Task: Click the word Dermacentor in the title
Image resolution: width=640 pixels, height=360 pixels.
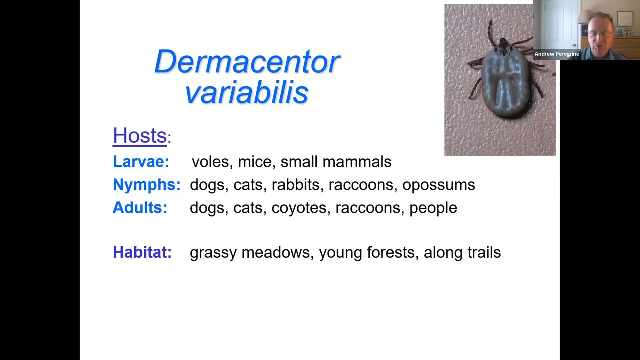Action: coord(247,62)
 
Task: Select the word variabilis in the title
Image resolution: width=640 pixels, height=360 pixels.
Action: coord(247,93)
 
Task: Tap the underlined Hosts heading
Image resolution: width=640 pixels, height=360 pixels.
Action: coord(140,136)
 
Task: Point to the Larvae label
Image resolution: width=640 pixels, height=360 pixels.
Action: coord(141,162)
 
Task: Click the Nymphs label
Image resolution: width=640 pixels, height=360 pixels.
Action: coord(146,185)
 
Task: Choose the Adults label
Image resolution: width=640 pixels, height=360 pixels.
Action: coord(140,208)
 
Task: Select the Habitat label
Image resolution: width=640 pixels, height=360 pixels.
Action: coord(142,252)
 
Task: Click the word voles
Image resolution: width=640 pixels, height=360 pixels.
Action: coord(210,162)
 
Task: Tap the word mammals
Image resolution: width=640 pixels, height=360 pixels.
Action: coord(357,162)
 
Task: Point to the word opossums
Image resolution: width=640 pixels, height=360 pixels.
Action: coord(438,185)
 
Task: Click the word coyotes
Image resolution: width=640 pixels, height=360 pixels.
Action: coord(299,208)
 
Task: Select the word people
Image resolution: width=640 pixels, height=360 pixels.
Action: coord(433,208)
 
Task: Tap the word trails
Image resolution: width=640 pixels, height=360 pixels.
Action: coord(483,252)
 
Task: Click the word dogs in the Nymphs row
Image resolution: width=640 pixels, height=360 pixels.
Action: coord(207,185)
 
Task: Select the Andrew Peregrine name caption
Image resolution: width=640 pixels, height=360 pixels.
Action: coord(556,54)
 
